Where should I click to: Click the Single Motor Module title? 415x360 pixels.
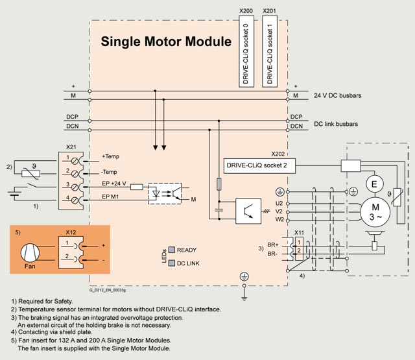(165, 43)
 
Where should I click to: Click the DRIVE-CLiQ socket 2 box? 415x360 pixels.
(256, 165)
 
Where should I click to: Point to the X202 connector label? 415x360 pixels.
(279, 154)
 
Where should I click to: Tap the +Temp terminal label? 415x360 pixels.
(110, 157)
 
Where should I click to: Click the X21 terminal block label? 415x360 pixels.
(71, 147)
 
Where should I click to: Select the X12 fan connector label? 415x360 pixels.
(72, 230)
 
